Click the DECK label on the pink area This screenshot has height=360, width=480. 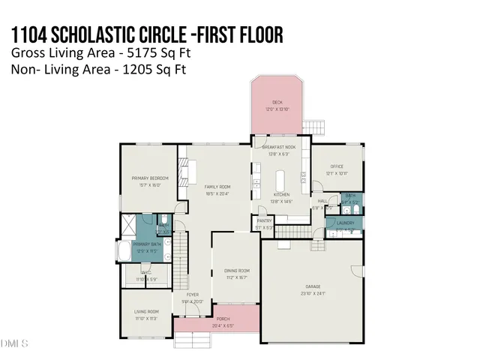[277, 103]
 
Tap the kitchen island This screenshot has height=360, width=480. [281, 182]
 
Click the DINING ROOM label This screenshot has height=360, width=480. [236, 270]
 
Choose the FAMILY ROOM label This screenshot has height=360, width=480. [219, 186]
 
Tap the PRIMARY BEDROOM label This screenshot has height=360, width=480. [150, 178]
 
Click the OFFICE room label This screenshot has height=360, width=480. [336, 167]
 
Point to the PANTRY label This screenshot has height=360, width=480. [264, 221]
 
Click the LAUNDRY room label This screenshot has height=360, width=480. [345, 223]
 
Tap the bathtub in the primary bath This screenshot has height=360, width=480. [124, 250]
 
